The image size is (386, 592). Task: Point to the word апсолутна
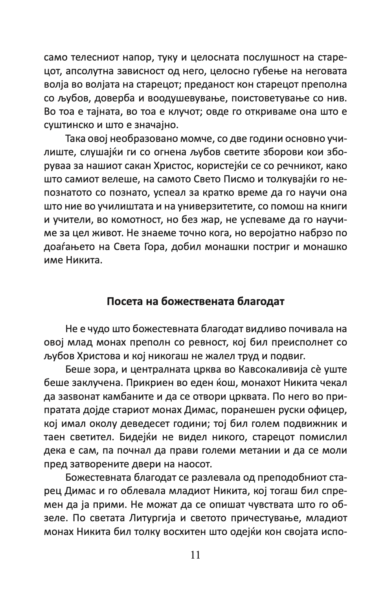[92, 72]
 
